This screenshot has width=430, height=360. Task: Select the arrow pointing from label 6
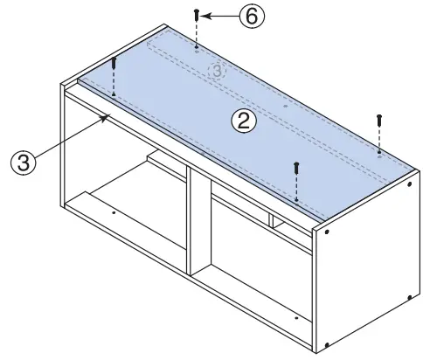[223, 16]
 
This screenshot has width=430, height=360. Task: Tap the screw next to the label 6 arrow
[198, 16]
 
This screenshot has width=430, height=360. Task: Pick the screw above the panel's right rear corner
[379, 120]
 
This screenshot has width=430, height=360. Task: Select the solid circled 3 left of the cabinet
[23, 163]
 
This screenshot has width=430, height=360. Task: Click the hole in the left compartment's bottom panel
[114, 211]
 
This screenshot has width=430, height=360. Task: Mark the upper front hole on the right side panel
[326, 233]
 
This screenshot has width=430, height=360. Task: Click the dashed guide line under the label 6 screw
[198, 35]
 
